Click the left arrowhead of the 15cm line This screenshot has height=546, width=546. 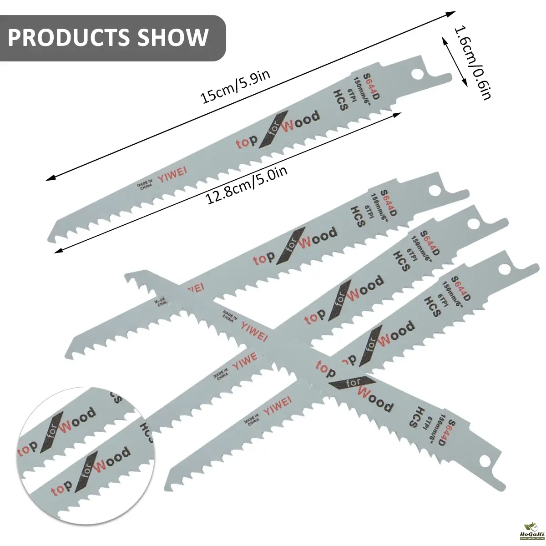point(48,179)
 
